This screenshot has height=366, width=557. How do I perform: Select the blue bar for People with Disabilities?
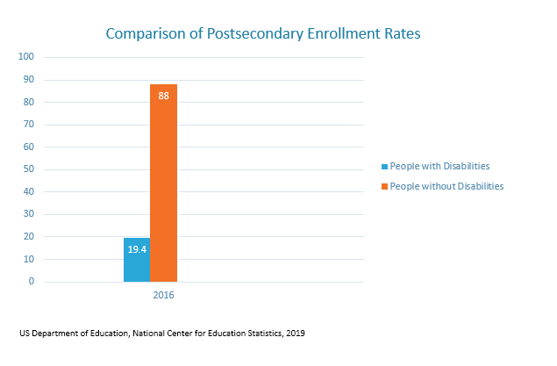(x=137, y=260)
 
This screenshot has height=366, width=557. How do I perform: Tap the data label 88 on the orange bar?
(x=163, y=96)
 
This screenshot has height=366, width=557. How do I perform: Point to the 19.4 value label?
(x=137, y=250)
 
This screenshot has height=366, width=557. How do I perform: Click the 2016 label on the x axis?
(x=163, y=296)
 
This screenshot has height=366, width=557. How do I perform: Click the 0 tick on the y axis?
(x=31, y=282)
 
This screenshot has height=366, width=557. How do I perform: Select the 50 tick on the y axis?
(x=28, y=169)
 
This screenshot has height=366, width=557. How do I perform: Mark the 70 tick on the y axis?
(x=28, y=125)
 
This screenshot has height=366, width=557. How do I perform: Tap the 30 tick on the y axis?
(x=28, y=214)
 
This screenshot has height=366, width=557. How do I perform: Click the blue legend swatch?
(x=383, y=166)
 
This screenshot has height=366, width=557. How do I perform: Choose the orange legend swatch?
(x=383, y=186)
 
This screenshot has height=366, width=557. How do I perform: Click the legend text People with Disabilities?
(x=439, y=166)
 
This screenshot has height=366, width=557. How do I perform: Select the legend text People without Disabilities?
(x=446, y=186)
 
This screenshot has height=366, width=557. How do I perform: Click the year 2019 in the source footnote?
(x=296, y=334)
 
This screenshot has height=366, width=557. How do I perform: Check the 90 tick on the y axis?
(x=28, y=80)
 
